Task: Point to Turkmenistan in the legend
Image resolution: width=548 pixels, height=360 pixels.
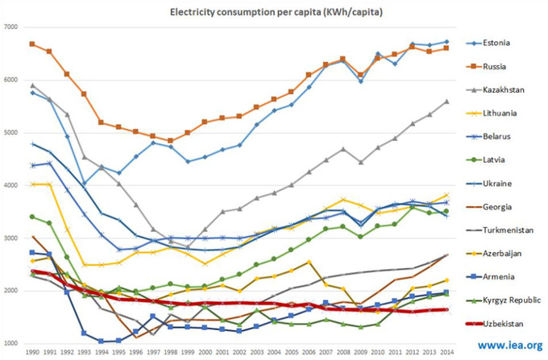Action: (506, 230)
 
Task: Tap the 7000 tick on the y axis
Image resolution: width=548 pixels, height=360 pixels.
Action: (11, 27)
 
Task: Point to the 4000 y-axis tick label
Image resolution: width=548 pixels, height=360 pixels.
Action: (11, 185)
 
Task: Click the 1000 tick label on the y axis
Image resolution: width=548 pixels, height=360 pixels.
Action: (11, 344)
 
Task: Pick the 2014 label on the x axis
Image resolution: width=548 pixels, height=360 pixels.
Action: (446, 353)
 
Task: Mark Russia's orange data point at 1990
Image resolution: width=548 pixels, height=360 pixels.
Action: (31, 43)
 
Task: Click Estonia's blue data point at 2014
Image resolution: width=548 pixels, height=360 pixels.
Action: (446, 42)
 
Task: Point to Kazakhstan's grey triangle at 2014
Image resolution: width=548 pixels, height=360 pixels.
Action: (446, 101)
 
